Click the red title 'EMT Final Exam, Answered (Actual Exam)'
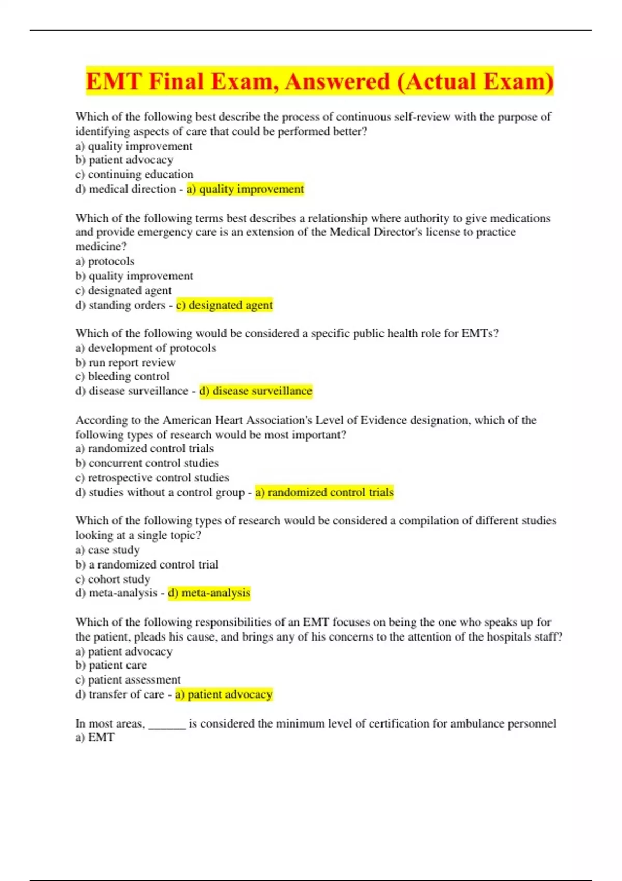coord(319,81)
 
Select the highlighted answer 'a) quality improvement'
coord(245,189)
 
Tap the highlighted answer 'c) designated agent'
coord(224,305)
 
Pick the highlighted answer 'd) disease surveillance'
coord(256,391)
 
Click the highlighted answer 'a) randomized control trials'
coord(324,492)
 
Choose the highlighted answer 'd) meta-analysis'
coord(209,593)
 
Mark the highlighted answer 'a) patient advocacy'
coord(224,694)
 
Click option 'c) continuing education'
coord(134,175)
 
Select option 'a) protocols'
coord(105,261)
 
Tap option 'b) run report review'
coord(125,363)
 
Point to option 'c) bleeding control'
coord(122,377)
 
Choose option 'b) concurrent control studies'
coord(147,463)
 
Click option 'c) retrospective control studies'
coord(152,478)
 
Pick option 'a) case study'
coord(107,550)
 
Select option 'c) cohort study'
coord(112,579)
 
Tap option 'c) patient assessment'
coord(128,680)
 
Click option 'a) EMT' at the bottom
coord(95,737)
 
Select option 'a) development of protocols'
coord(146,348)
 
